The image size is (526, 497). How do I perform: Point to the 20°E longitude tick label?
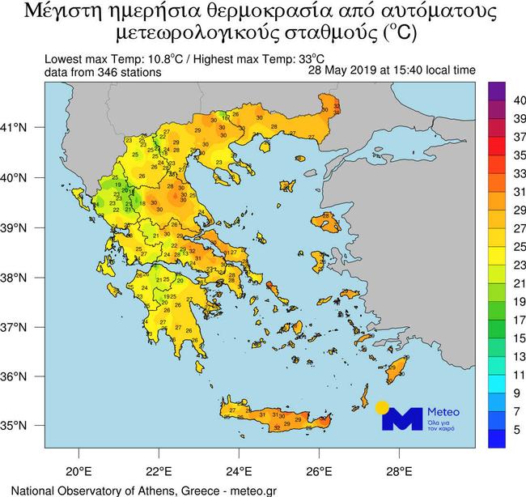[x=78, y=469]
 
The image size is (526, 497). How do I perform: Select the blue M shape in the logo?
[x=402, y=418]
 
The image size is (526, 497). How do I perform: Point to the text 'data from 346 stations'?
[x=104, y=73]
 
